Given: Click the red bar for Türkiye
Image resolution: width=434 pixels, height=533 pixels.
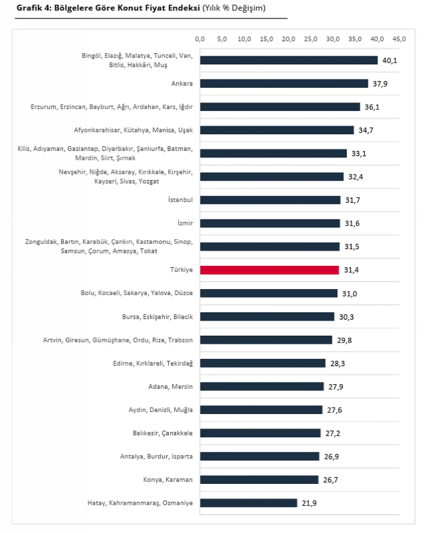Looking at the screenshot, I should coord(269,270).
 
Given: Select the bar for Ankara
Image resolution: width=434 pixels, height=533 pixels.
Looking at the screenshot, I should coord(284,83).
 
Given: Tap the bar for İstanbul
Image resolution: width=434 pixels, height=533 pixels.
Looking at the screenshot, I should coord(270,200).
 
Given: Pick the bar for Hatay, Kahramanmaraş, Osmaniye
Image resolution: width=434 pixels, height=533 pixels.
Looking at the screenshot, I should coord(249,503).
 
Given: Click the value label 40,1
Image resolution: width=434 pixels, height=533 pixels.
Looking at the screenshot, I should coord(390,61).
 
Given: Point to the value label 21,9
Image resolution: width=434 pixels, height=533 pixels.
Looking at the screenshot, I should coord(309,503).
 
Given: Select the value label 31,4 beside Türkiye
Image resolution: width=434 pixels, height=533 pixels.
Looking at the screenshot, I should coord(351,270).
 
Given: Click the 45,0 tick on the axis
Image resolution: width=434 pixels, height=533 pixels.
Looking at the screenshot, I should coord(399,39).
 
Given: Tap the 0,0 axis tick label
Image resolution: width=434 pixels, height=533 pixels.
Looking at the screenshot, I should coord(200,39).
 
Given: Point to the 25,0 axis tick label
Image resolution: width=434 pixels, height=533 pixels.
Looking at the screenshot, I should coord(311,39).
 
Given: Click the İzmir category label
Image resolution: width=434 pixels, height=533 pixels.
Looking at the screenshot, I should coord(185,223).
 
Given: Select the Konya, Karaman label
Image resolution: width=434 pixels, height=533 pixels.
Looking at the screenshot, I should coord(168,480).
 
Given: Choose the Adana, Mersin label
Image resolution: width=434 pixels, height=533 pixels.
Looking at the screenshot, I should coord(171,387).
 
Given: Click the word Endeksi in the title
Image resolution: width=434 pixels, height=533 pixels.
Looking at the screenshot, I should coord(183,8).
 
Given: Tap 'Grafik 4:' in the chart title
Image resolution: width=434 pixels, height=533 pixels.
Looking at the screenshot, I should coord(34,8).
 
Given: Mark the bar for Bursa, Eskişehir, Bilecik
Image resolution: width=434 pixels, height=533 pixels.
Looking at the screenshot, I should coord(267,317).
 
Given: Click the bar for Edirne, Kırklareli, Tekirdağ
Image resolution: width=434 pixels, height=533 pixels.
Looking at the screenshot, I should coord(262,363).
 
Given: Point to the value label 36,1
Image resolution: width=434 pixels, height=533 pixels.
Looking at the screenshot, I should coord(372,107).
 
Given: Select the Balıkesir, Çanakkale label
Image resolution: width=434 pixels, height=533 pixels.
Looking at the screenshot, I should coord(163,433).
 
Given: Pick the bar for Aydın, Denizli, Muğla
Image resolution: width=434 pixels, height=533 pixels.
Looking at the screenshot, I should coord(261,410).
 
